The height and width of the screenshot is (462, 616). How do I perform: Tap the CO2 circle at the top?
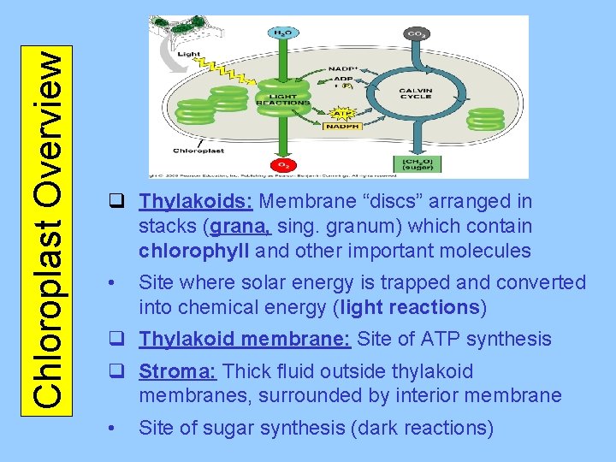(x=418, y=34)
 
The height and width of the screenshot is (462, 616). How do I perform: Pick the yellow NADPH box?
(x=341, y=127)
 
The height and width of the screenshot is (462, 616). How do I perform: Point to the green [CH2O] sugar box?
(x=417, y=163)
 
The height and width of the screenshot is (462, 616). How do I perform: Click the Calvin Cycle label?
(x=416, y=92)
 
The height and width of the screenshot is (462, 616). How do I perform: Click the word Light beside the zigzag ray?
(x=189, y=53)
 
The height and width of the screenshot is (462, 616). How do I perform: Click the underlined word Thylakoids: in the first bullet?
(x=196, y=202)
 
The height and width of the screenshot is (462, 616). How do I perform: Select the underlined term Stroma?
(x=179, y=371)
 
